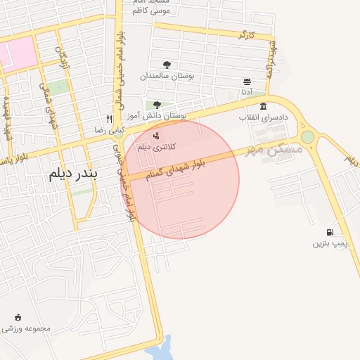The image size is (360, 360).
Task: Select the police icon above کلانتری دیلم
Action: tap(156, 135)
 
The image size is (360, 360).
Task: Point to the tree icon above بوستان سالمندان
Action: tap(167, 65)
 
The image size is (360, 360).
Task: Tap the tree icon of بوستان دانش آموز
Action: tap(157, 105)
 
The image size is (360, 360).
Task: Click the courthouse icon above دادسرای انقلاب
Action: tap(263, 106)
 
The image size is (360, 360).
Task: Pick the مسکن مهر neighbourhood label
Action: tap(274, 150)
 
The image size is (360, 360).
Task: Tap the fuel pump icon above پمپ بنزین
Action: tap(330, 233)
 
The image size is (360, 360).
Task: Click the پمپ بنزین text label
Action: tap(330, 244)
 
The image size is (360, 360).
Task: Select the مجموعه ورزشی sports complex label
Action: tap(27, 328)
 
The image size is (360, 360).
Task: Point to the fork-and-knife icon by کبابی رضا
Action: tap(109, 119)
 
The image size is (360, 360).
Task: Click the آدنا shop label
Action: tap(247, 92)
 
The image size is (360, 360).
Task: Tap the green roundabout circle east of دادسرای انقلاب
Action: tap(307, 136)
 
